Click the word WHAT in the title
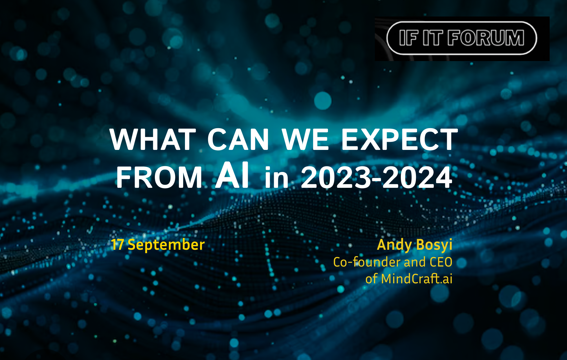(x=153, y=139)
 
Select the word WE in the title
(x=305, y=139)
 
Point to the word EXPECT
(x=400, y=139)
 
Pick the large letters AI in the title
(x=232, y=175)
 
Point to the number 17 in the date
(x=118, y=245)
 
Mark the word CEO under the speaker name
(x=441, y=262)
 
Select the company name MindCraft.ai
(x=416, y=279)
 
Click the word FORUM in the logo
(x=486, y=38)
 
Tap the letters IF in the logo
(x=409, y=38)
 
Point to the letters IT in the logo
(x=433, y=38)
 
